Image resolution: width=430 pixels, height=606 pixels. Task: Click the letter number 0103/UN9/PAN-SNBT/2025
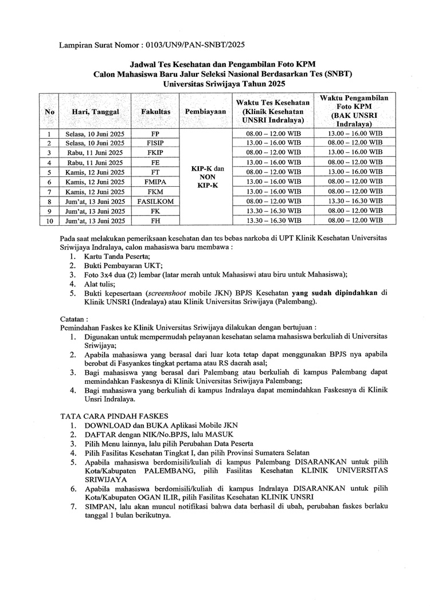195,44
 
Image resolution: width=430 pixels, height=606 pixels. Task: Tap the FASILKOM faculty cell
155,202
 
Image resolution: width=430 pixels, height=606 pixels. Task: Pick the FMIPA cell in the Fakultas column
155,182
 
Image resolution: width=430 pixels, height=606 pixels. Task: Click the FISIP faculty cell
155,143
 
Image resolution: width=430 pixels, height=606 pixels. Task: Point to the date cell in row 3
95,153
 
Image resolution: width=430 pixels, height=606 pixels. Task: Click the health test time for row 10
273,221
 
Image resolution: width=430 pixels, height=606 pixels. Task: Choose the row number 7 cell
50,192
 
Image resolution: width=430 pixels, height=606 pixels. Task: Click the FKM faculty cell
155,192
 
